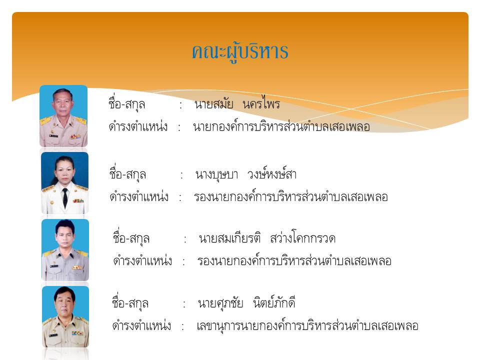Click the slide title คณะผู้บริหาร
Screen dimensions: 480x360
pyautogui.click(x=240, y=52)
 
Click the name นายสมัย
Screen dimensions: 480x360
pyautogui.click(x=213, y=104)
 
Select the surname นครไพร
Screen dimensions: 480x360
pyautogui.click(x=261, y=103)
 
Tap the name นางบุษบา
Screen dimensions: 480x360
pyautogui.click(x=216, y=175)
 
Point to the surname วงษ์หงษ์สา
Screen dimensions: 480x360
pyautogui.click(x=272, y=173)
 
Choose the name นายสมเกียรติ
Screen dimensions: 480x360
pyautogui.click(x=229, y=237)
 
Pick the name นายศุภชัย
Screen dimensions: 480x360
pyautogui.click(x=220, y=303)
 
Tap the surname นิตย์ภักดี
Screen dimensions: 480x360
pyautogui.click(x=274, y=302)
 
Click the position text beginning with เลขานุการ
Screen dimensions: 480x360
pyautogui.click(x=307, y=325)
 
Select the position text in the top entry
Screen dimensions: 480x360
pyautogui.click(x=281, y=126)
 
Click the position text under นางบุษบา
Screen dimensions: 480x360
pyautogui.click(x=291, y=196)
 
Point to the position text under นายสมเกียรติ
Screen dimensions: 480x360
pyautogui.click(x=294, y=260)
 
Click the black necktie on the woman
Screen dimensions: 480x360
pyautogui.click(x=65, y=198)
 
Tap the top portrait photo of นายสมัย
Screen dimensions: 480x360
pyautogui.click(x=63, y=116)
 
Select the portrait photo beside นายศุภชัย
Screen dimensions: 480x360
pyautogui.click(x=65, y=316)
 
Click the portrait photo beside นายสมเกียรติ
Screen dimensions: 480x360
pyautogui.click(x=65, y=250)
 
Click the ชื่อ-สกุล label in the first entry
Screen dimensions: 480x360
pyautogui.click(x=126, y=103)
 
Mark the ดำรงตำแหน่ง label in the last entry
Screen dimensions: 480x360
pyautogui.click(x=141, y=325)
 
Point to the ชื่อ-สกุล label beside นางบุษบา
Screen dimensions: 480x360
pyautogui.click(x=127, y=173)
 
